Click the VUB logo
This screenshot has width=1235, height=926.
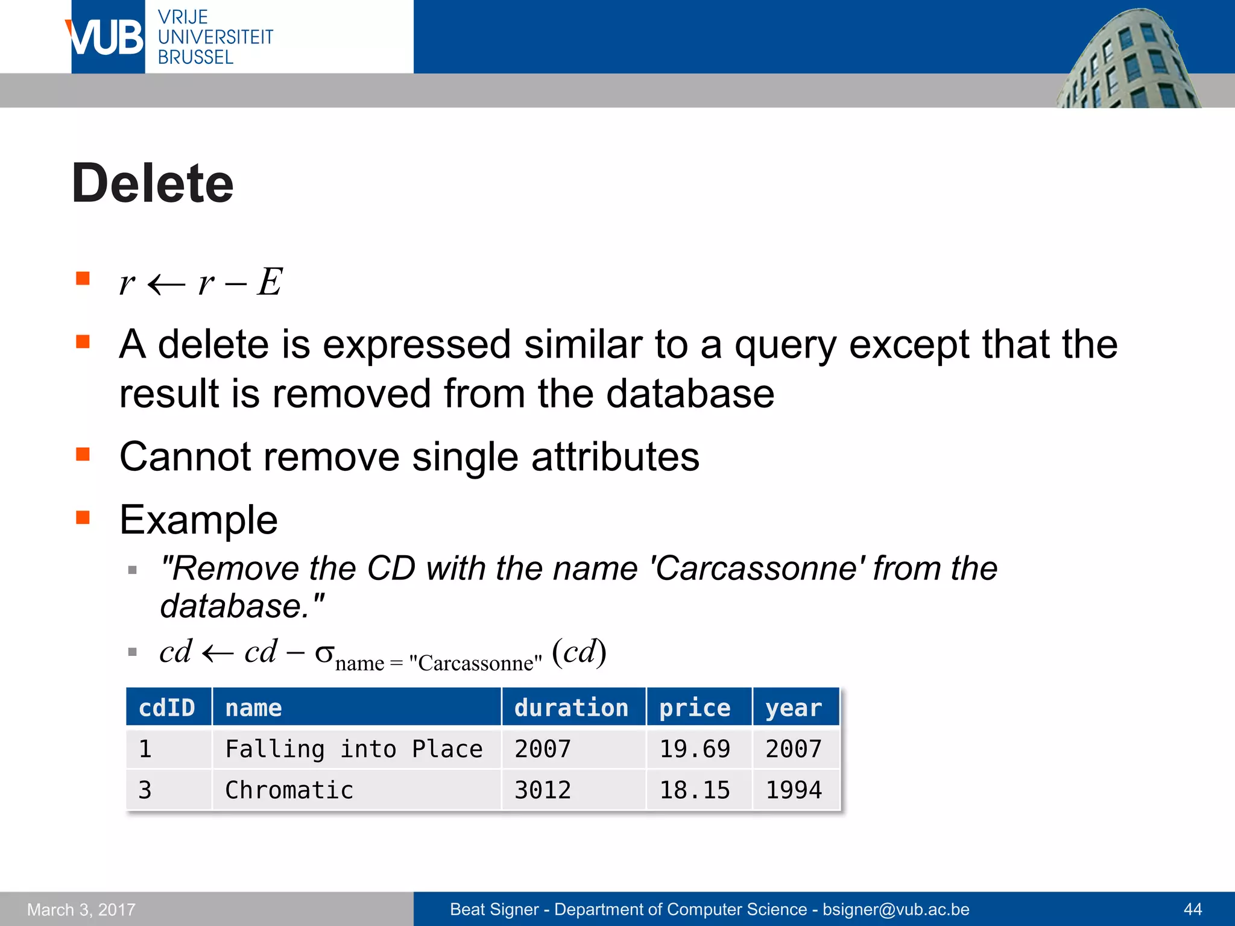pos(107,37)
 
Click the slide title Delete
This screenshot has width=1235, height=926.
pos(153,184)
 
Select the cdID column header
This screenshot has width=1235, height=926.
pos(167,708)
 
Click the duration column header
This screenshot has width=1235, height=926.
pos(571,708)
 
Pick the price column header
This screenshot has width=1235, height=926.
pos(695,708)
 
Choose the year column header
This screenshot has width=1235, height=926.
pos(794,708)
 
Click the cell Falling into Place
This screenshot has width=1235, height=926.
pos(354,749)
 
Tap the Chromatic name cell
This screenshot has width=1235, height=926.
pos(289,790)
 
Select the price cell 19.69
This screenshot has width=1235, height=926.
pos(695,749)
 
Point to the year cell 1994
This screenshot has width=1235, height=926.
pos(794,790)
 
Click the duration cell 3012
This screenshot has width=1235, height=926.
pos(543,790)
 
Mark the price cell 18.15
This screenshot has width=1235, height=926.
pos(695,790)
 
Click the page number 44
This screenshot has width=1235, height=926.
pos(1193,909)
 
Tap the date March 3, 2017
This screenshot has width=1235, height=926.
pos(81,910)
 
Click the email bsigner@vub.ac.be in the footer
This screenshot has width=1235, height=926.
pos(896,909)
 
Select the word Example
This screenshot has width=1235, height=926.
pos(199,520)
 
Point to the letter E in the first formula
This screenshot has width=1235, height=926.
pos(270,282)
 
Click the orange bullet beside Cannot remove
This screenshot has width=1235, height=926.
pos(83,454)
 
